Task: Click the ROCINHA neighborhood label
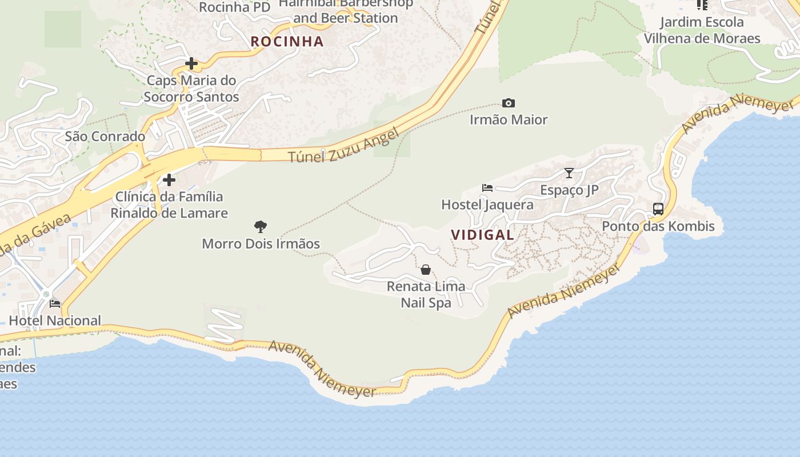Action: coord(287,41)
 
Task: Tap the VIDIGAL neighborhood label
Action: coord(482,235)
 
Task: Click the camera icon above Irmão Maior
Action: coord(508,103)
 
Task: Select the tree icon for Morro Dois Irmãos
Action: coord(261,227)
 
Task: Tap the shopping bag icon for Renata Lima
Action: coord(426,270)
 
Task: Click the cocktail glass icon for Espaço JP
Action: coord(569,173)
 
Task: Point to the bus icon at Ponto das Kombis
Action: coord(658,209)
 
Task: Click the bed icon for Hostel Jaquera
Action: coord(487,187)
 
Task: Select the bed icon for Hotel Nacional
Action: coord(55,304)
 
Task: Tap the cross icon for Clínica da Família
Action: coord(169,180)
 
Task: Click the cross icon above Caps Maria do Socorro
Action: coord(191,63)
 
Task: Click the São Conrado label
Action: coord(105,137)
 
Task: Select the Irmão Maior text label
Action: coord(509,120)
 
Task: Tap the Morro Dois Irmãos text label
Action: coord(261,244)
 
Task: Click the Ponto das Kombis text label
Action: coord(658,226)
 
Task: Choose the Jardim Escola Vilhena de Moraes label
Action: coord(702,30)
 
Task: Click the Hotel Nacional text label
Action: coord(55,320)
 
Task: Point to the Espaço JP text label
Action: coord(569,190)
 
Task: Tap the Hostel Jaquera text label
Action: coord(487,205)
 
